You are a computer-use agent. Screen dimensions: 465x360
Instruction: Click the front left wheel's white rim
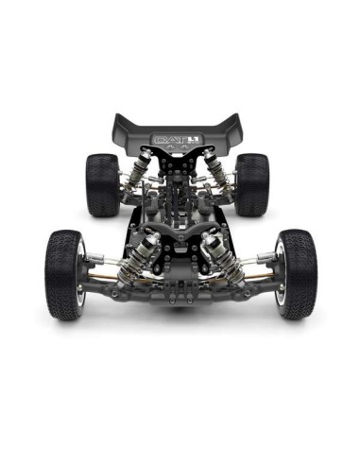(x=82, y=274)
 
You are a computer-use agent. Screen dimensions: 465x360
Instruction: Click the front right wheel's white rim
(x=280, y=274)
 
